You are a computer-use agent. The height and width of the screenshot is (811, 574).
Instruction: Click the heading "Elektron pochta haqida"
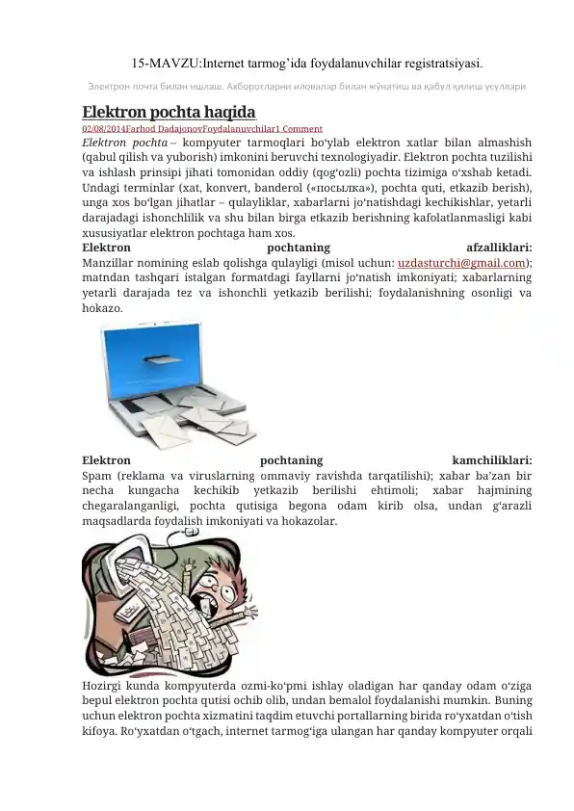(x=169, y=110)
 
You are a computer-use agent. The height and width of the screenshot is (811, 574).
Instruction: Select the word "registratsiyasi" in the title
(x=436, y=64)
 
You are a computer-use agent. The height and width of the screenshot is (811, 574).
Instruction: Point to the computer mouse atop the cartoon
(x=190, y=532)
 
